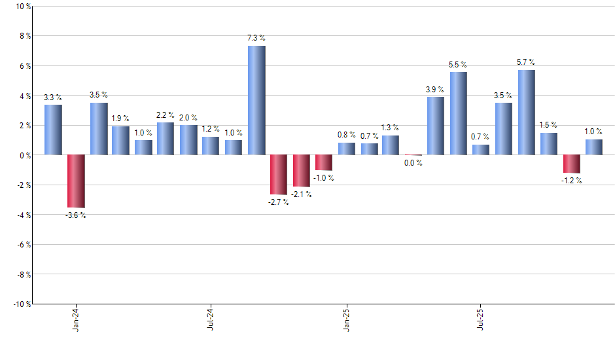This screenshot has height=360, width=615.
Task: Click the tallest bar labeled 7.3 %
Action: pyautogui.click(x=256, y=100)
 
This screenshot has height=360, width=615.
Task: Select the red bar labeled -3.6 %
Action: pyautogui.click(x=76, y=181)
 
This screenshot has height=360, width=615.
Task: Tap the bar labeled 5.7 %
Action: pyautogui.click(x=527, y=113)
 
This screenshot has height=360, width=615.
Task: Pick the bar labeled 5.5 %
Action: pyautogui.click(x=459, y=114)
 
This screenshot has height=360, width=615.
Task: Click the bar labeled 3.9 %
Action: pyautogui.click(x=436, y=126)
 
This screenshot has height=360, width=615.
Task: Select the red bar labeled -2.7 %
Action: pyautogui.click(x=279, y=175)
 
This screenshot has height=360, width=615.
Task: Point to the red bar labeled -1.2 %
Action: pyautogui.click(x=572, y=164)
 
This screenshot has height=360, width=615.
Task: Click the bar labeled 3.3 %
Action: pyautogui.click(x=54, y=130)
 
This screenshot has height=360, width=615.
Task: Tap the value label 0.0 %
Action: pyautogui.click(x=413, y=163)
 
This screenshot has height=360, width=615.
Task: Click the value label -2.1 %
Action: pyautogui.click(x=301, y=194)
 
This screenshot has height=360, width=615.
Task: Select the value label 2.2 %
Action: pyautogui.click(x=166, y=115)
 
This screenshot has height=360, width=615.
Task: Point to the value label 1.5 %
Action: pyautogui.click(x=549, y=125)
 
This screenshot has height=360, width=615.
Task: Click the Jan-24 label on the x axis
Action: pyautogui.click(x=77, y=319)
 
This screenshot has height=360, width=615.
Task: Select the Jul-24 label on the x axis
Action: pyautogui.click(x=211, y=319)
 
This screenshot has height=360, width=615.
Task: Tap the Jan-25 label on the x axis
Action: pyautogui.click(x=347, y=319)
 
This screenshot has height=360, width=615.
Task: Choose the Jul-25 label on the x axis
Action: pyautogui.click(x=482, y=319)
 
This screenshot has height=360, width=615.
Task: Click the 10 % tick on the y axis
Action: pyautogui.click(x=22, y=7)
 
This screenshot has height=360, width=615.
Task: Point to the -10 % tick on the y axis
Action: pyautogui.click(x=21, y=304)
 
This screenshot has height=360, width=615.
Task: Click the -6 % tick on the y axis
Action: pyautogui.click(x=22, y=244)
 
